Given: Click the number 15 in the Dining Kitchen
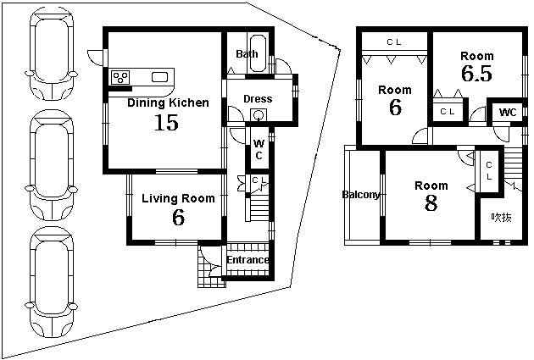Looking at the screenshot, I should [166, 123].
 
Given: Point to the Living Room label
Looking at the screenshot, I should [178, 198].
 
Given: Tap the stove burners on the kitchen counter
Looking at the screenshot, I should [121, 77].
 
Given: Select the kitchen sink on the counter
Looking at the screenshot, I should [159, 77].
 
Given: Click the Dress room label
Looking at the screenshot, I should [258, 99].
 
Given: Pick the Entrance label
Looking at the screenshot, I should [248, 260].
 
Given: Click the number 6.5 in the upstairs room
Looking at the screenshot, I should [476, 74].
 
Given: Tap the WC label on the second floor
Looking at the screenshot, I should [507, 113].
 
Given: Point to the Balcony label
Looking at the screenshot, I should [361, 195].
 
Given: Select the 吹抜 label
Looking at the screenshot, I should [501, 217].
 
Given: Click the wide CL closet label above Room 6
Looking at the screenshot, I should [393, 41].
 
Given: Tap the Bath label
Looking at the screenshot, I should [247, 54].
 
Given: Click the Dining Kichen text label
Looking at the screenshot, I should [168, 103].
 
